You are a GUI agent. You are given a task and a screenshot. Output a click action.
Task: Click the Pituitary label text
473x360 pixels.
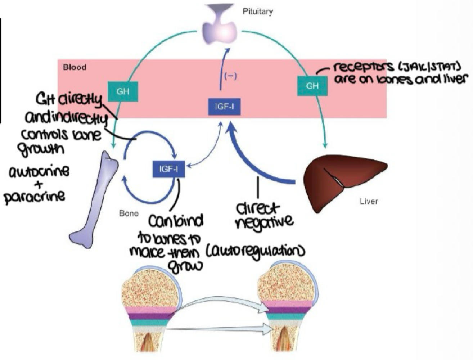click(x=257, y=12)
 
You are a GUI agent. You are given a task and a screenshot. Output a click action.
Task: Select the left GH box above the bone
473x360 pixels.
click(x=123, y=91)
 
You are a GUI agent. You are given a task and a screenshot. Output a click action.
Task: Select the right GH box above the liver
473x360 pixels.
click(x=312, y=86)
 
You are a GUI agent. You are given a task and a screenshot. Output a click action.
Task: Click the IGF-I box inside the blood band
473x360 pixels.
click(x=224, y=107)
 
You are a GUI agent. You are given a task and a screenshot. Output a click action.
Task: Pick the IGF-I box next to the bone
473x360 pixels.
click(x=169, y=168)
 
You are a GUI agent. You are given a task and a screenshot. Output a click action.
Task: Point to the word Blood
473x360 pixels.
click(x=75, y=67)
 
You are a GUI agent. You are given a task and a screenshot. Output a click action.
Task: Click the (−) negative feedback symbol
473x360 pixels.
click(x=230, y=76)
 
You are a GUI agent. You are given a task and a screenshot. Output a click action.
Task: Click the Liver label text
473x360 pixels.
click(x=369, y=201)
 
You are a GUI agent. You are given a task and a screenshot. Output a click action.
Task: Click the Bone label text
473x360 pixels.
click(x=129, y=213)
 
